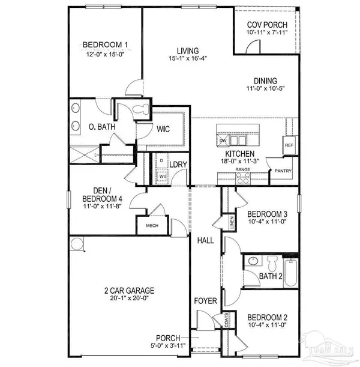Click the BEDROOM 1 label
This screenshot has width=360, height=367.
(x=106, y=45)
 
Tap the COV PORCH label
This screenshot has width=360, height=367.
(x=267, y=25)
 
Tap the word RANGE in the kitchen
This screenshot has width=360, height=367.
(x=242, y=170)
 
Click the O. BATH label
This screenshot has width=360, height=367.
(x=92, y=127)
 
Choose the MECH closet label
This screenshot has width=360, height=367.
(x=148, y=226)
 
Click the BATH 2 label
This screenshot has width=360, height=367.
(x=271, y=276)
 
